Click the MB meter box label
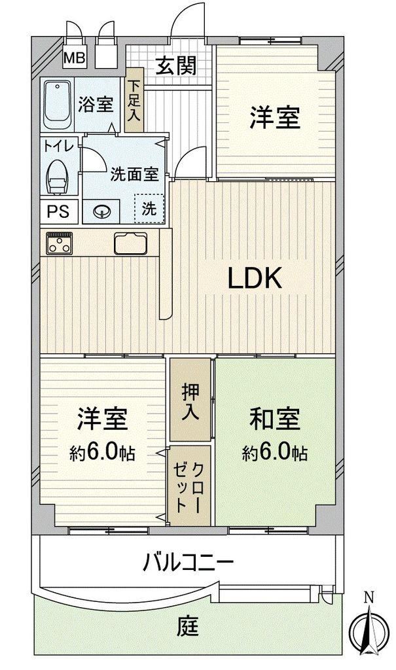tap(75, 58)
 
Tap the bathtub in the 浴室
tap(58, 105)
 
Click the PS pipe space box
tap(60, 211)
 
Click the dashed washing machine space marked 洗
tap(149, 209)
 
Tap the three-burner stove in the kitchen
tap(60, 243)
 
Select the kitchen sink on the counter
tap(130, 243)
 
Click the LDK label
tap(255, 278)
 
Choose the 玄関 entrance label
tap(176, 65)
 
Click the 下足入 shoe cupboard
tap(135, 100)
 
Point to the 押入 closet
tap(190, 400)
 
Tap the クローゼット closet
tap(189, 486)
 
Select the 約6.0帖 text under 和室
tap(274, 452)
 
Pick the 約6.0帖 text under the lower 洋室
tap(103, 452)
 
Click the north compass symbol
tap(369, 628)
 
